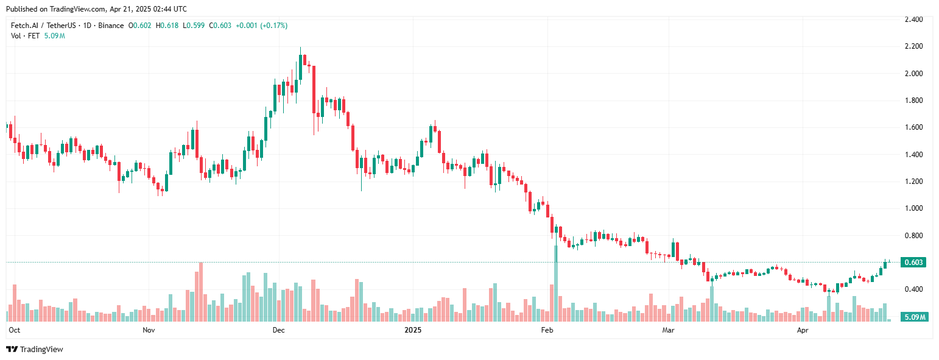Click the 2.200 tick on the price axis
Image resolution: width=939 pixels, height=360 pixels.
coord(913,46)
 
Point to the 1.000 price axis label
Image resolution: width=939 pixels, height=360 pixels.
coord(913,208)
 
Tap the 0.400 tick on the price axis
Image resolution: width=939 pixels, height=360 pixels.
coord(913,289)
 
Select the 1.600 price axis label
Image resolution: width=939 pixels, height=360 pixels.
coord(913,127)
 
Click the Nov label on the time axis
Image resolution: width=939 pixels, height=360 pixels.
coord(148,330)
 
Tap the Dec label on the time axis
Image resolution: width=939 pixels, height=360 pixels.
coord(278,330)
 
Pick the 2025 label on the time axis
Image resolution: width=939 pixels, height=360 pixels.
coord(413,330)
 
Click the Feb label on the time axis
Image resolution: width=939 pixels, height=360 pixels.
coord(547,330)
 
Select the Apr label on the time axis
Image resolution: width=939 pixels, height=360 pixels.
coord(803,330)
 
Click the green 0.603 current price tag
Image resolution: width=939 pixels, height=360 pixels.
coord(914,263)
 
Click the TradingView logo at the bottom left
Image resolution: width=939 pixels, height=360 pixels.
coord(35,349)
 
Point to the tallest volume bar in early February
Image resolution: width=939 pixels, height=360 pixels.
coord(555,283)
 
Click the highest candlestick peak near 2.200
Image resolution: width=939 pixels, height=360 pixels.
coord(301,49)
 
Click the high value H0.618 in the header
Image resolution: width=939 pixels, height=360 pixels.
coord(167,26)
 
